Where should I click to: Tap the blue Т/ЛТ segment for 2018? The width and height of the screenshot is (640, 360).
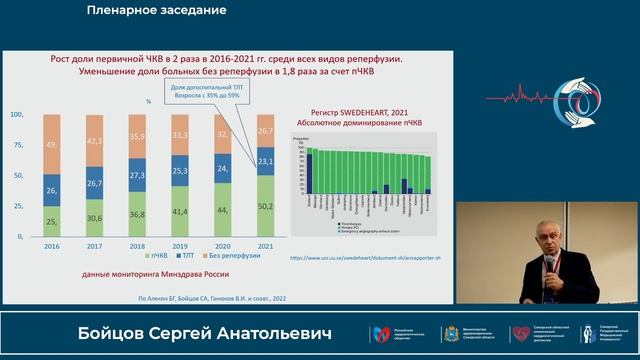[138, 173]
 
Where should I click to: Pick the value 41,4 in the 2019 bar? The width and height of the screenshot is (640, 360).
[181, 213]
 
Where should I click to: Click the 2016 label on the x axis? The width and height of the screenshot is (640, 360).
[52, 245]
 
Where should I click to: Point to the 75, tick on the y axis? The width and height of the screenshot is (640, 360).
[17, 145]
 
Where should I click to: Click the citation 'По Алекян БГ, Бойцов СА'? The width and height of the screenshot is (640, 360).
[190, 297]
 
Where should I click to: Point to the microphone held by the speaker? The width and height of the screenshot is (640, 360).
[549, 263]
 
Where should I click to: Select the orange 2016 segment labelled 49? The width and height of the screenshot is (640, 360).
[52, 144]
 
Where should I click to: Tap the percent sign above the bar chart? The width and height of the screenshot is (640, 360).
[147, 101]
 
